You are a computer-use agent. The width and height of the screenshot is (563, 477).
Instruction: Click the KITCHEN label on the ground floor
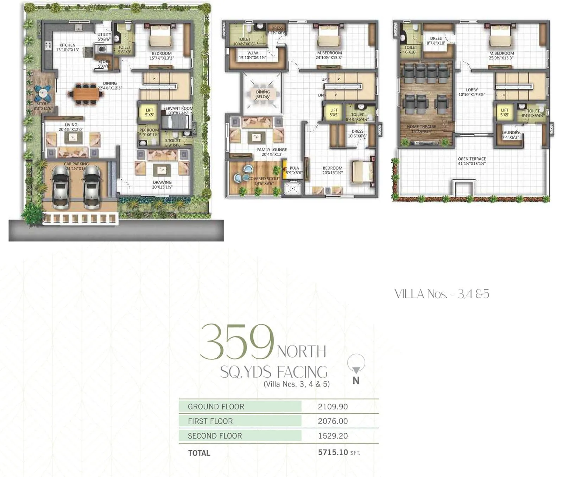(67, 45)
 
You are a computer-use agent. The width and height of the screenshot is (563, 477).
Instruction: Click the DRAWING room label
(162, 182)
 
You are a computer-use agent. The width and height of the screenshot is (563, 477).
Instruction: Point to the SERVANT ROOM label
(178, 108)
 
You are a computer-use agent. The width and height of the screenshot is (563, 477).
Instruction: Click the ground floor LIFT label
(149, 110)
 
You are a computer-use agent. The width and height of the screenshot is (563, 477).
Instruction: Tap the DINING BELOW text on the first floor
(263, 94)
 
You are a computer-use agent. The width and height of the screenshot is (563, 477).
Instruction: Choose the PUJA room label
(294, 168)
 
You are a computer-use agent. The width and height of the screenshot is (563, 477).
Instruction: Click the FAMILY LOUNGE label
(272, 150)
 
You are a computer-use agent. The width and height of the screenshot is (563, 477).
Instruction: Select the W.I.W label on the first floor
(253, 53)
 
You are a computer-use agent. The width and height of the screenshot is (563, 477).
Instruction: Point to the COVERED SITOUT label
(264, 179)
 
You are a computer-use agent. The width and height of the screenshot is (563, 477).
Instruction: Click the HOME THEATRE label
(421, 127)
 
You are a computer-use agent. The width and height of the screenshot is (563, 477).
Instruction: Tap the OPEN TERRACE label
(472, 159)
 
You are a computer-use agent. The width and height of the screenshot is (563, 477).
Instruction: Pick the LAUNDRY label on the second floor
(510, 133)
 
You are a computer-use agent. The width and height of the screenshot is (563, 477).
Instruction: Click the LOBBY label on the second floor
(472, 90)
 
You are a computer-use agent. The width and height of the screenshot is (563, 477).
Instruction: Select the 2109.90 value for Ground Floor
(333, 407)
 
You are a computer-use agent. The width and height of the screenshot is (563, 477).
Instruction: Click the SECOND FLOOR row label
(215, 436)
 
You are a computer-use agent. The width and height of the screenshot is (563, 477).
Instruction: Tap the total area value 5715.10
(333, 452)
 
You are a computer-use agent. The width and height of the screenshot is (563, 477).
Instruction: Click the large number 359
(237, 342)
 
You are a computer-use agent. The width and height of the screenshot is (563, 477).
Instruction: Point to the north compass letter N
(356, 381)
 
